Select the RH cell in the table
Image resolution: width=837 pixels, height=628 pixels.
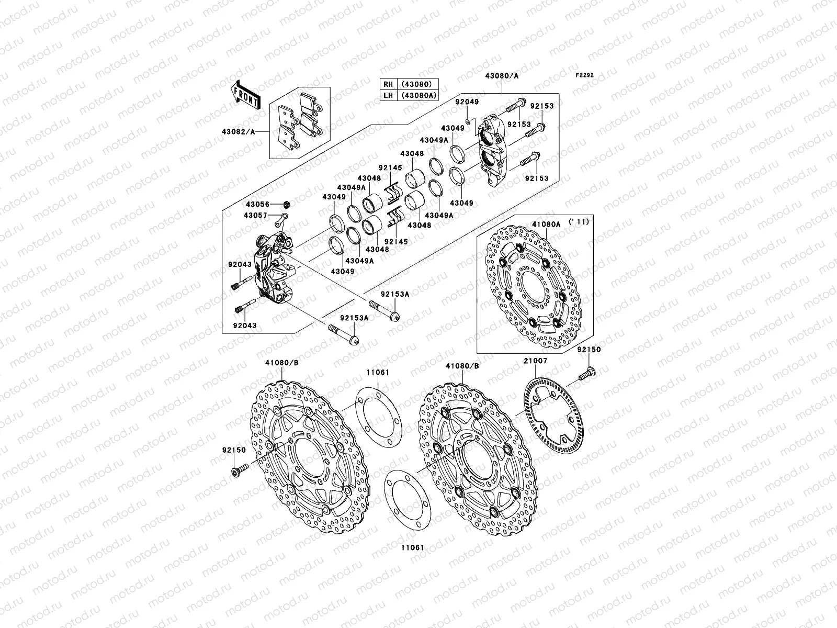(388, 84)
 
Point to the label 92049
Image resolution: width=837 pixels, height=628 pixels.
(467, 102)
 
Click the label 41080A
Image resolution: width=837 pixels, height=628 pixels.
(546, 224)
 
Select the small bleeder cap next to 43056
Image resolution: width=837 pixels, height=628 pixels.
(286, 204)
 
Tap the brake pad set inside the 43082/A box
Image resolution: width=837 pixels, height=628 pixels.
(300, 126)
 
